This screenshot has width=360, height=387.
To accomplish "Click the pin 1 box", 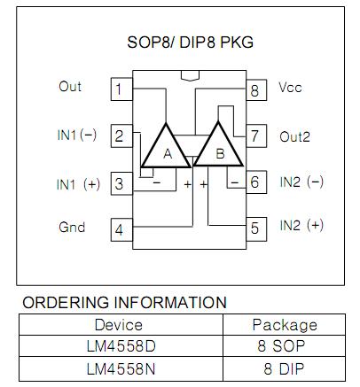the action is [121, 89].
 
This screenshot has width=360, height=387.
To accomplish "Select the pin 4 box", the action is [121, 230].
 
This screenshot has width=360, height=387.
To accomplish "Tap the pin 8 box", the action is [256, 90].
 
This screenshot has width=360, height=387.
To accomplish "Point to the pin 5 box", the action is [256, 228].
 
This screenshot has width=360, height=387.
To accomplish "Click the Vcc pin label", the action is [290, 88].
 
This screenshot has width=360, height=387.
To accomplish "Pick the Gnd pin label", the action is [72, 227].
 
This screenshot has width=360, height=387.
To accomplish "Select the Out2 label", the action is [294, 137].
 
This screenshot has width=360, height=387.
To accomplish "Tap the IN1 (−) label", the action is [77, 135].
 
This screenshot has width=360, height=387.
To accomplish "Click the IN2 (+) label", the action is [301, 226].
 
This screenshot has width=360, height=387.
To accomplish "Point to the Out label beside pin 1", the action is [70, 87].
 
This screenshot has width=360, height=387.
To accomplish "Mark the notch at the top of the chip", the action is [191, 75].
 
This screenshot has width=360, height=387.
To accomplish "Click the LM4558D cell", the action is [121, 346].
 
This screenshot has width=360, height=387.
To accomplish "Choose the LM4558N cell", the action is [121, 368].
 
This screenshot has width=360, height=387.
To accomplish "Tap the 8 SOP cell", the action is [284, 346].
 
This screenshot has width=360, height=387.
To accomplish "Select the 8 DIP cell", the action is [284, 368].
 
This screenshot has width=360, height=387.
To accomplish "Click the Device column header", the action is [119, 325].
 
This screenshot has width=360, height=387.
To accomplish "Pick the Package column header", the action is [285, 325].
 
